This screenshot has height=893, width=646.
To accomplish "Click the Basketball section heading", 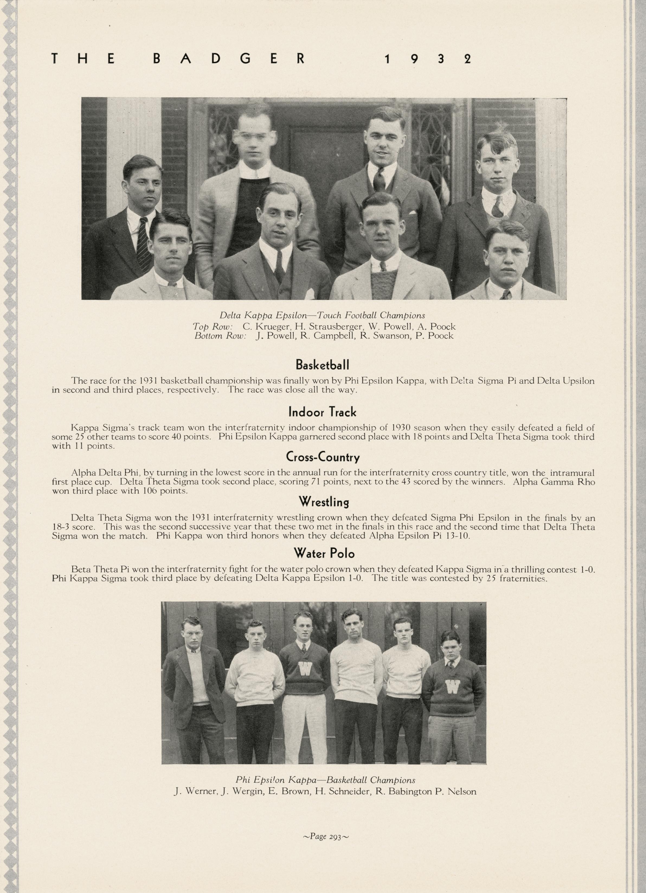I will point(322,365).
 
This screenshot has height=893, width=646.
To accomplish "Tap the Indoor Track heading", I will point(322,412).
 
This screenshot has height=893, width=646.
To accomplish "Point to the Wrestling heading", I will point(324,502).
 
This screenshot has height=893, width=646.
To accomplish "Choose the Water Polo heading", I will point(324,554).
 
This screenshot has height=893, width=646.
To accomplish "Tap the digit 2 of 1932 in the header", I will point(467,59).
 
